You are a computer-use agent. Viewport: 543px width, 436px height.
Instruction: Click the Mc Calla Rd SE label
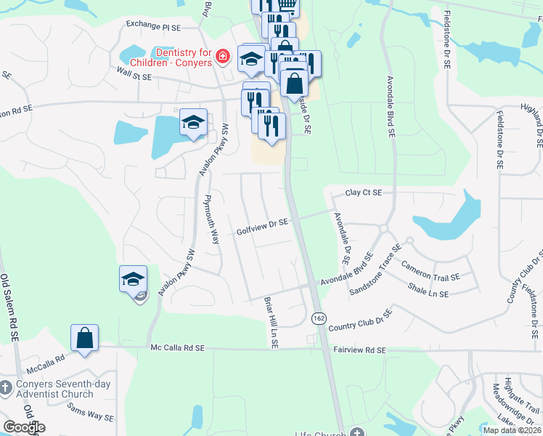point(177,349)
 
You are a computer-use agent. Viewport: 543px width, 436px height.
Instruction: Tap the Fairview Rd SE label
point(359,350)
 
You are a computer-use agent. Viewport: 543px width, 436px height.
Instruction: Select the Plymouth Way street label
point(212,219)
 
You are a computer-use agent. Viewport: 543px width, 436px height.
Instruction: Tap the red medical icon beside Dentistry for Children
point(224,57)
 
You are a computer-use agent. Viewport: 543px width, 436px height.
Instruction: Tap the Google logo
point(24,427)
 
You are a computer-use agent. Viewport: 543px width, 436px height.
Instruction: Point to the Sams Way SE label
point(89,416)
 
